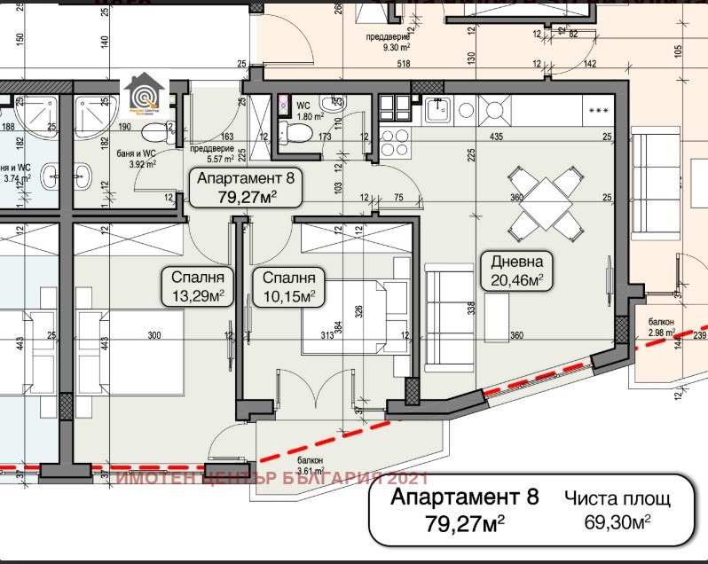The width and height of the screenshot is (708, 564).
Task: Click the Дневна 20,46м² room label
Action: pyautogui.click(x=516, y=270)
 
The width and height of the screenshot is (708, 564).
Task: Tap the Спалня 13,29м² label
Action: pyautogui.click(x=197, y=285)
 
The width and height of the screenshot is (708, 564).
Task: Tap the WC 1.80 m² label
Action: pyautogui.click(x=308, y=111)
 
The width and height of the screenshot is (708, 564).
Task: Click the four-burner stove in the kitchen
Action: pyautogui.click(x=395, y=139)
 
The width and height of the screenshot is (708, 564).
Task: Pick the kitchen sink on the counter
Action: pyautogui.click(x=437, y=111)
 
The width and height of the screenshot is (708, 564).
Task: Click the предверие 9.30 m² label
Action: pyautogui.click(x=391, y=43)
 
